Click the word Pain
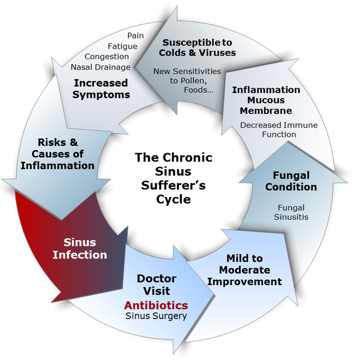[135, 35]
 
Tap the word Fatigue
[123, 46]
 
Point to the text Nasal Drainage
[101, 67]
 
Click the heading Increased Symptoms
[101, 89]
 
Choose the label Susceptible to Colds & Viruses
[197, 47]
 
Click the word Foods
[199, 90]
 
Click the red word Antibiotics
[156, 305]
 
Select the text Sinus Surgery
[156, 316]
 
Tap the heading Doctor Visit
[157, 285]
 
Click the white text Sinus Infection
[79, 248]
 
